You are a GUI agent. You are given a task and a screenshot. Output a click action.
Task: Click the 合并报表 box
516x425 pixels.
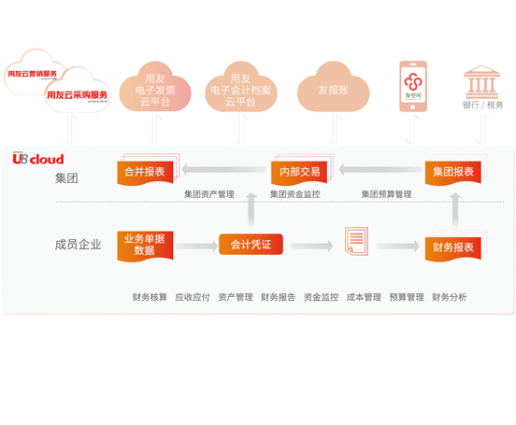click(x=145, y=171)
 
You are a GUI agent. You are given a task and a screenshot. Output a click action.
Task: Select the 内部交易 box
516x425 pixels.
click(x=299, y=171)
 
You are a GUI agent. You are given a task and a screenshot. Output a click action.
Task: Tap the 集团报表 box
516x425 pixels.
click(x=453, y=171)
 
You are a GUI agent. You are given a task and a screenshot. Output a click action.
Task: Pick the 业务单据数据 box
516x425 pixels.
click(x=145, y=245)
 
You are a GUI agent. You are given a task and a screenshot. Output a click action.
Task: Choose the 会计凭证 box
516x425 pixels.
click(x=251, y=245)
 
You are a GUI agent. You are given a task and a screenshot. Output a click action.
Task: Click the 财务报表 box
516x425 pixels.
click(x=453, y=248)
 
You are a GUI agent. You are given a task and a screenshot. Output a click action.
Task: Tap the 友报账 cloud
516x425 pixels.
click(x=332, y=90)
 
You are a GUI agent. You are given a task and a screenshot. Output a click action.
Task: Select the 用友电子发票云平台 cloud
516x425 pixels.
click(x=156, y=90)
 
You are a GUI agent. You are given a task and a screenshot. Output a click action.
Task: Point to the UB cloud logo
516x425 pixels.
click(x=40, y=159)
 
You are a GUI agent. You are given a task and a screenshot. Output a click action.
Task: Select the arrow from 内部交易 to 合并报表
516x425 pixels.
click(x=222, y=171)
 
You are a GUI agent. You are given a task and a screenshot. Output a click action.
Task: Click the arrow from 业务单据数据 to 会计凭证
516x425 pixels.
click(x=196, y=246)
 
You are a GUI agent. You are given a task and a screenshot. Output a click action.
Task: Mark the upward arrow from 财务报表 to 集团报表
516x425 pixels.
click(x=455, y=210)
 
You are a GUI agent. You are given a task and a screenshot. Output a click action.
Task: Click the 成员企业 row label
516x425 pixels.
click(x=78, y=245)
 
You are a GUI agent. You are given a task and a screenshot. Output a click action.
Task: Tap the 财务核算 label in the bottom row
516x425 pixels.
click(x=150, y=297)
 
